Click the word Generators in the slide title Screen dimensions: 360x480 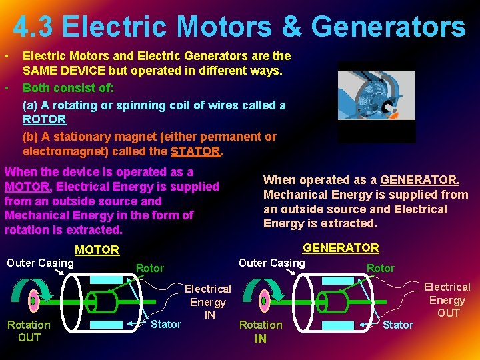[x=388, y=27]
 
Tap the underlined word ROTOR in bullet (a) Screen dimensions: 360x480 [x=44, y=119]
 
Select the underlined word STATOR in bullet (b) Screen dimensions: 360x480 [x=195, y=151]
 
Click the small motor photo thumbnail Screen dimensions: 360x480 [x=376, y=101]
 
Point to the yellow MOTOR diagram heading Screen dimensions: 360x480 [x=97, y=250]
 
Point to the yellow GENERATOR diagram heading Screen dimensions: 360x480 [x=341, y=248]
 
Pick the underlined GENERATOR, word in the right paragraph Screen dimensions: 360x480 [x=419, y=180]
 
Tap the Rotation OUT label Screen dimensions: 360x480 [x=29, y=331]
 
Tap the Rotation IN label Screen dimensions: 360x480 [x=261, y=331]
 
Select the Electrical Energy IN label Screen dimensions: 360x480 [x=208, y=301]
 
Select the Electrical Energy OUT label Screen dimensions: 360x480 [x=447, y=299]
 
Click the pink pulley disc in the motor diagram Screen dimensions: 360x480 [x=33, y=301]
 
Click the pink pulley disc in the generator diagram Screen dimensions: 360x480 [x=263, y=301]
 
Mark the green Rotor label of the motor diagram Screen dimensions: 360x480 [x=149, y=268]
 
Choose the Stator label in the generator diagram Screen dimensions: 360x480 [x=398, y=325]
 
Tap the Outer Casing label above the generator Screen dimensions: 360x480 [x=272, y=263]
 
